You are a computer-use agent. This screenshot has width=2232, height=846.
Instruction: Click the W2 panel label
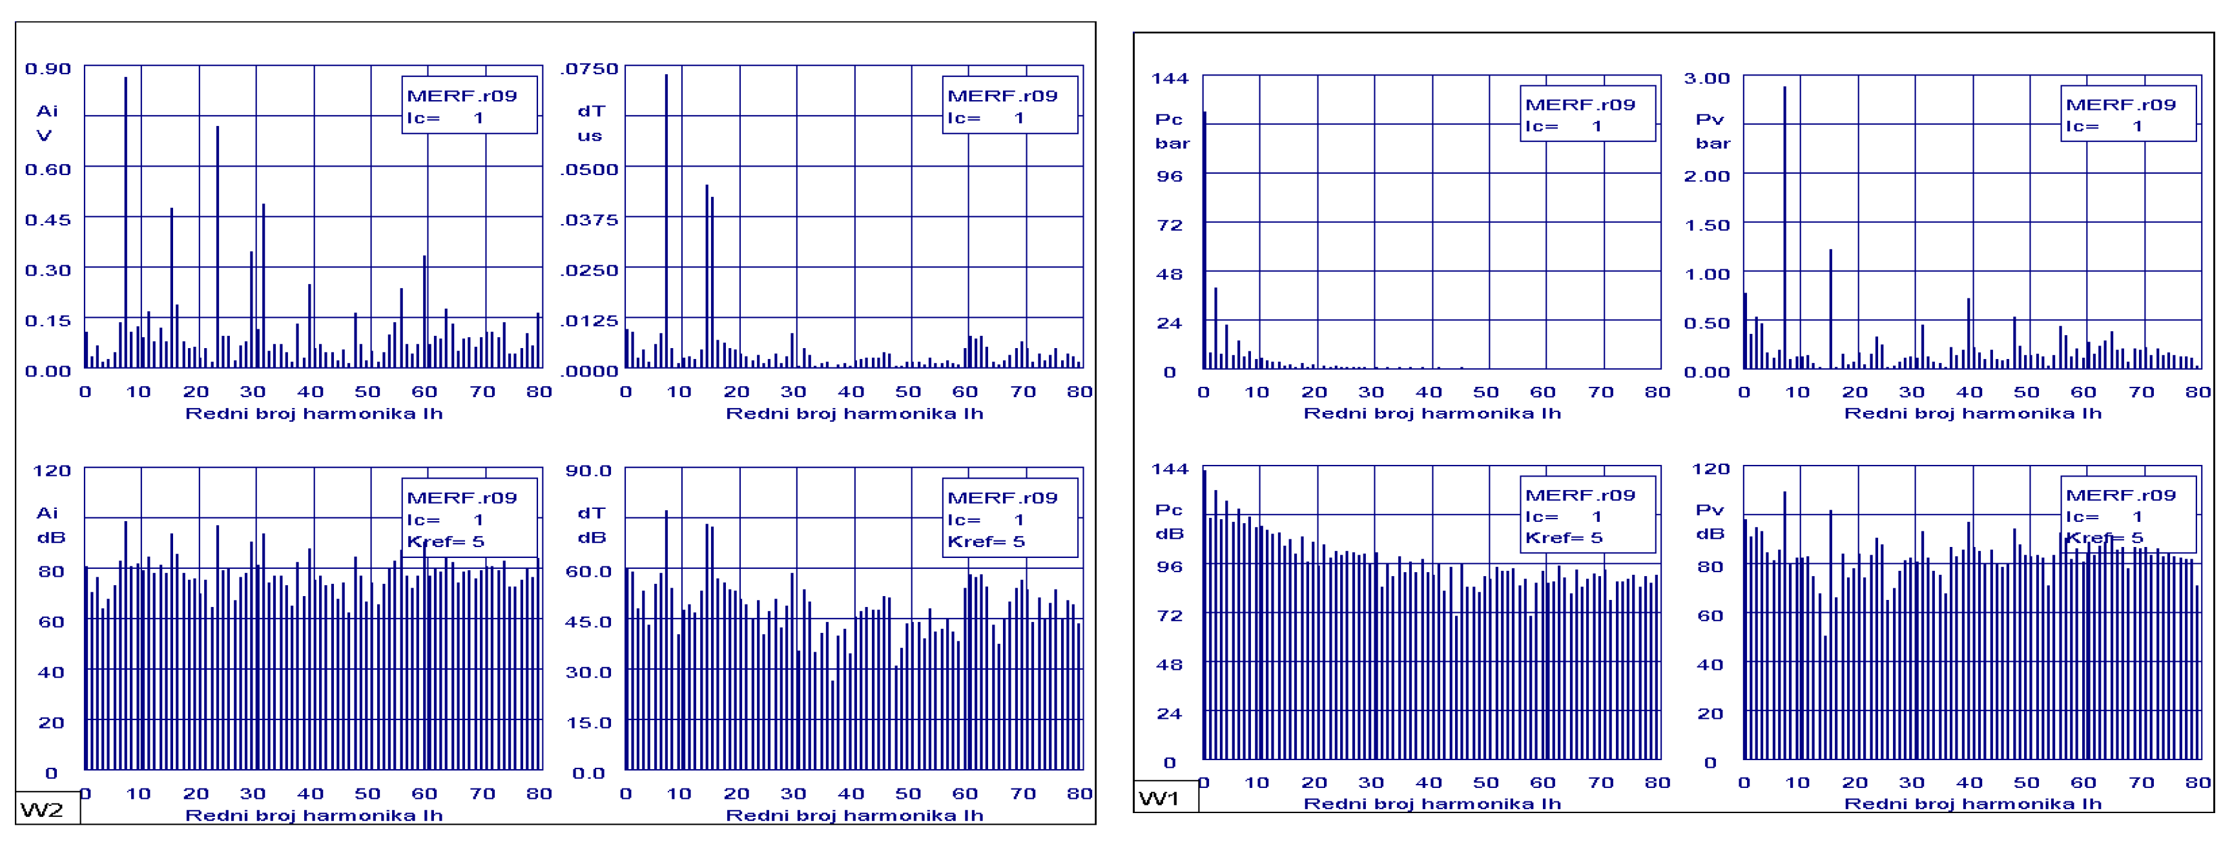click(41, 810)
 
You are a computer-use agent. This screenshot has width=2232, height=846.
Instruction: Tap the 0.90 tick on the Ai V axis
click(48, 69)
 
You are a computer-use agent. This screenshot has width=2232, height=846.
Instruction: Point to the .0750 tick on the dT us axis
click(589, 69)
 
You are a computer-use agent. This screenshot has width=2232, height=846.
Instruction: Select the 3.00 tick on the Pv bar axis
click(1706, 79)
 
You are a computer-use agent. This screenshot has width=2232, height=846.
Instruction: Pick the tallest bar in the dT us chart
click(666, 217)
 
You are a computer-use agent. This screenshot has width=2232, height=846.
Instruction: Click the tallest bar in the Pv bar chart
click(1785, 225)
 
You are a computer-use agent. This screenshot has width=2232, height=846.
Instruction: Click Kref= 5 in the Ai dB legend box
click(446, 542)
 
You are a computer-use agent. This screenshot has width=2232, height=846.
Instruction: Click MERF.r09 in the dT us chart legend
click(1002, 96)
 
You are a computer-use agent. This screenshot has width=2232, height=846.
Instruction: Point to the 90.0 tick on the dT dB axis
click(588, 471)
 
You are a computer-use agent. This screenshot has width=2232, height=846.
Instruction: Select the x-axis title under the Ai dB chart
click(314, 816)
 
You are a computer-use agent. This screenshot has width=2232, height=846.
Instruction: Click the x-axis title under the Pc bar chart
click(1432, 413)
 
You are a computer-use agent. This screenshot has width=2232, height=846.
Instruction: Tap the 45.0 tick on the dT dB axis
click(588, 621)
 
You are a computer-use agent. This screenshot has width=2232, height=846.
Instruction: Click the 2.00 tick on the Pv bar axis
click(1706, 176)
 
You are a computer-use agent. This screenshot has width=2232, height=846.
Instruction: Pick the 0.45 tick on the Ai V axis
click(48, 220)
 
